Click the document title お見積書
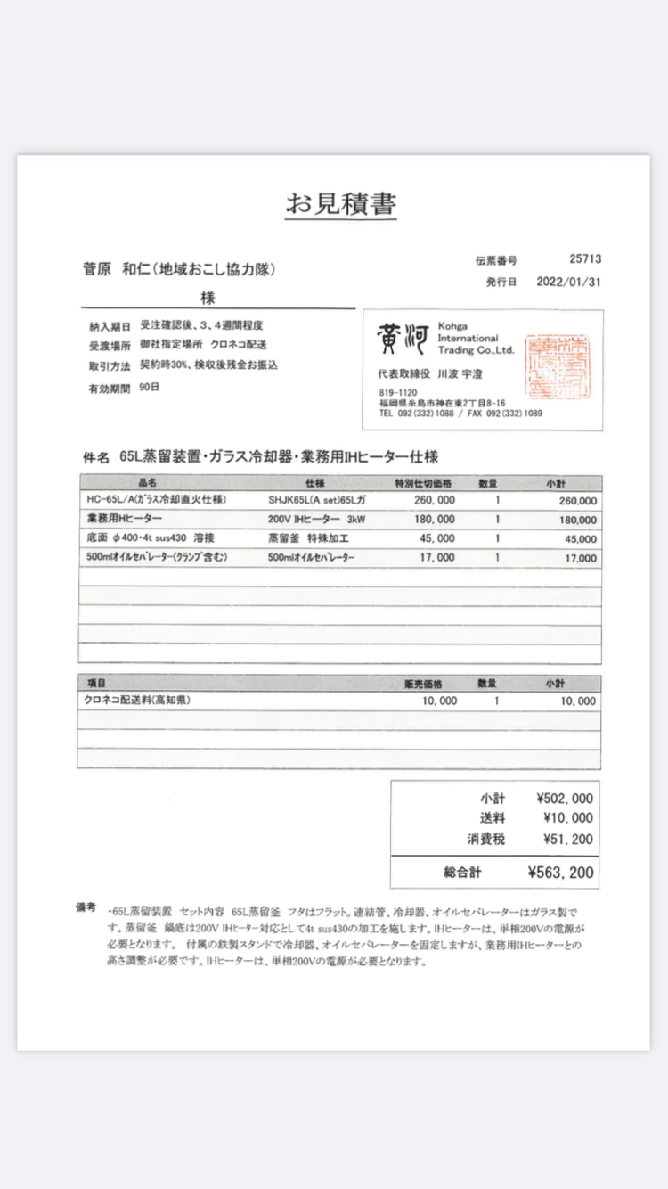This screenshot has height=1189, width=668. (340, 204)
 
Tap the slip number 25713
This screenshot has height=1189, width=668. (585, 259)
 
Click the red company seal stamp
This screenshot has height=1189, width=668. (551, 365)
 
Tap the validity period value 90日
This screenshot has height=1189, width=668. (150, 388)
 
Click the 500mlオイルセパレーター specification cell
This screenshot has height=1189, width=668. (312, 558)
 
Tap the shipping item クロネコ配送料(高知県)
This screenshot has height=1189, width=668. (137, 701)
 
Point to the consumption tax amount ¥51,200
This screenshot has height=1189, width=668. (567, 839)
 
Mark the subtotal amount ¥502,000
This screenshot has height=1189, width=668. (565, 799)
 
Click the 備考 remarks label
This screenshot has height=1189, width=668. (86, 908)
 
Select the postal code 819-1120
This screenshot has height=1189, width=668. (397, 393)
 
